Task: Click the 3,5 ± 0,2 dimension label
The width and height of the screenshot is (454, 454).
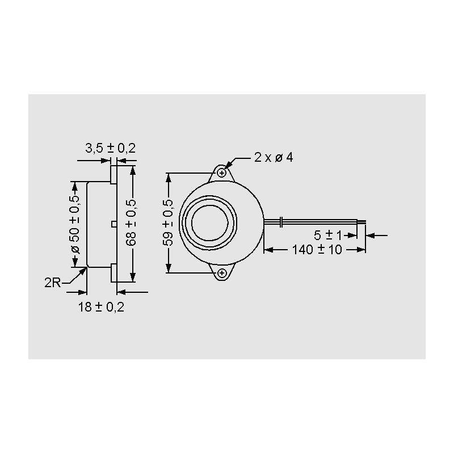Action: (110, 148)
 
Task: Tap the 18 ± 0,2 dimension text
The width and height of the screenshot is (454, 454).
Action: (101, 307)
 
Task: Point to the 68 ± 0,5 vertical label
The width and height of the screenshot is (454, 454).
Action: (132, 223)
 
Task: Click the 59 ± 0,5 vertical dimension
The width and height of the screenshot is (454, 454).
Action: (169, 223)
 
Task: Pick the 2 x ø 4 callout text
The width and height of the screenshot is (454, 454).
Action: (274, 158)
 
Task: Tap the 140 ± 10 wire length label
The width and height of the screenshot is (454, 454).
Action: (317, 250)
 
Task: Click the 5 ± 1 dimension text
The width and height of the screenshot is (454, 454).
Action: (328, 236)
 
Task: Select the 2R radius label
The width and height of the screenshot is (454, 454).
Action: (52, 283)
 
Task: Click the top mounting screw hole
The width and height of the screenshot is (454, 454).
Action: (222, 173)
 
